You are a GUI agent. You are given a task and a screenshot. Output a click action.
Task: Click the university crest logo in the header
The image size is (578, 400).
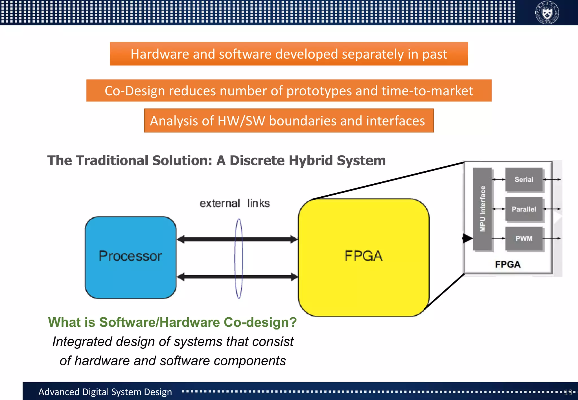[x=547, y=13]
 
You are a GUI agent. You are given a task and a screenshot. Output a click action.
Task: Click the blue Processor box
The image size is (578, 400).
[x=130, y=257]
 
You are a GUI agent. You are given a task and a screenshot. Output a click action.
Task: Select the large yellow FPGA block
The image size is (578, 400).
[x=364, y=257]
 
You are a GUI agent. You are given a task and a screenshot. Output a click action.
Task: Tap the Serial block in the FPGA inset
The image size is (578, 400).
[x=524, y=179]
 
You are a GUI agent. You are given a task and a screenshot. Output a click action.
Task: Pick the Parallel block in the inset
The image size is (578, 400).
[x=524, y=209]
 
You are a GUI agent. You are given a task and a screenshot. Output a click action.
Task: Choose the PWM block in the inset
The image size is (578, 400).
[x=524, y=238]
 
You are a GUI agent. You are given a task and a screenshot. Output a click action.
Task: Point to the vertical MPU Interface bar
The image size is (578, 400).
[x=483, y=209]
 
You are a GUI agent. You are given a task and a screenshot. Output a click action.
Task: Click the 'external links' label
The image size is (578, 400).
[x=235, y=203]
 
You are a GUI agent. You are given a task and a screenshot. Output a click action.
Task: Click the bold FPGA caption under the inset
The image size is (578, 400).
[x=507, y=264]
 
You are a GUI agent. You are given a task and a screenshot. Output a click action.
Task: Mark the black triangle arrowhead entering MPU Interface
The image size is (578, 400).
[x=467, y=238]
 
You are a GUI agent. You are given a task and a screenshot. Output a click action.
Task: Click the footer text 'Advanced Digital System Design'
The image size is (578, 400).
[x=105, y=392]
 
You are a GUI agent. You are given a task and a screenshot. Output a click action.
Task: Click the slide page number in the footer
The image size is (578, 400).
[x=568, y=392]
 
